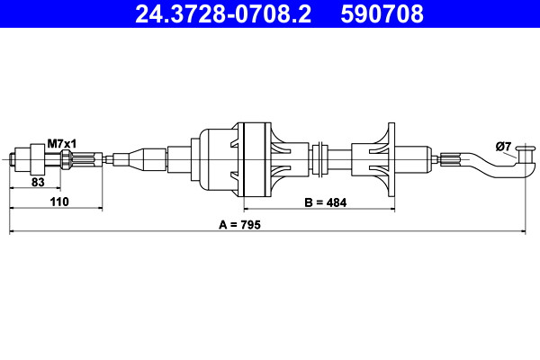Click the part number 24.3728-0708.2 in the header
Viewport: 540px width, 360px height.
coord(223,13)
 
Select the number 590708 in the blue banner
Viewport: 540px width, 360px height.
coord(382,13)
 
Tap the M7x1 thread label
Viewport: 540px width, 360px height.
coord(61,143)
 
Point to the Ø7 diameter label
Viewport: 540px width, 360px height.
coord(503,147)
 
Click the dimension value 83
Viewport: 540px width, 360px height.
coord(38,182)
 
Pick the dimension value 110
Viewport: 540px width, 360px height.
coord(59,202)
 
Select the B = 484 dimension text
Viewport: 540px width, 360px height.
coord(325,202)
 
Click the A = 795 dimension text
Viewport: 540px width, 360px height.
coord(239,225)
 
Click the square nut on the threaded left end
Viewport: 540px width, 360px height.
coord(38,159)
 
